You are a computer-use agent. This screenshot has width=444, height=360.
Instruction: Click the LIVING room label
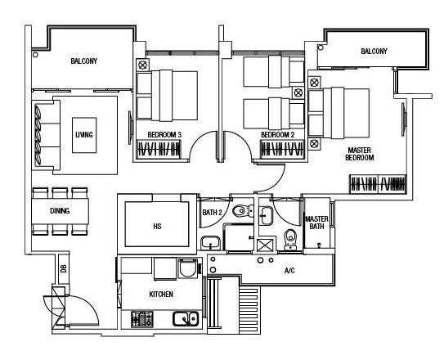84,134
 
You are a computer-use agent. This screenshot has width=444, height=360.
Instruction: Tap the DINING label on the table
60,211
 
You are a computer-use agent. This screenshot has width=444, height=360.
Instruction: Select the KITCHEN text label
161,295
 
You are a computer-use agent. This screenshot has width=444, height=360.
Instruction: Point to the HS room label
157,227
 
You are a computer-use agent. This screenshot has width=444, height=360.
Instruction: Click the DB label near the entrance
64,268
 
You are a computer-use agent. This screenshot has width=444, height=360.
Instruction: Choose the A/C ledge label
289,271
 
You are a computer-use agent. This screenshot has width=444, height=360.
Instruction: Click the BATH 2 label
212,212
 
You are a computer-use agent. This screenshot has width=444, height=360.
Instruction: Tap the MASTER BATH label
316,223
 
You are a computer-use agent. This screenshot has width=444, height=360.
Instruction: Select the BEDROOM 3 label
164,135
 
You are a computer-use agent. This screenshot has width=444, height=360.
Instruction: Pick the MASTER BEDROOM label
359,154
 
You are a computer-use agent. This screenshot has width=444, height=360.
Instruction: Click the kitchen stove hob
141,318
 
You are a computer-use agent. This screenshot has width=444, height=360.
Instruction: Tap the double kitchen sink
186,318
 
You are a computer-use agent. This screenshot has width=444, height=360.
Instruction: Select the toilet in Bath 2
243,211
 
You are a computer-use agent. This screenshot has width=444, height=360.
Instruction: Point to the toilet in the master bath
290,240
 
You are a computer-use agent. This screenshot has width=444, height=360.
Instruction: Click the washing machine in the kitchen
188,268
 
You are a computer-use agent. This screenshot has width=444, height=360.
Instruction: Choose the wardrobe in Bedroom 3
159,149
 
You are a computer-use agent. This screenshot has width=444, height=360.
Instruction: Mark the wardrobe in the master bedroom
378,184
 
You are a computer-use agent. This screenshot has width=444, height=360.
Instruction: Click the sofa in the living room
47,135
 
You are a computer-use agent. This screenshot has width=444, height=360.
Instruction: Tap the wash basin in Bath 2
210,243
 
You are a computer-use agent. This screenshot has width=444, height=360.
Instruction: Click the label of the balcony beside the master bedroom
374,52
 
